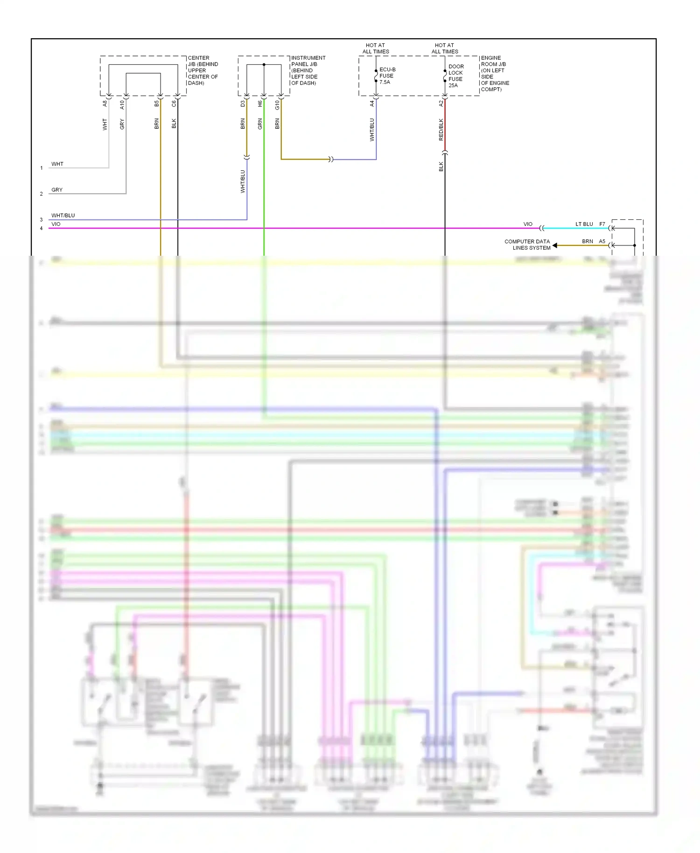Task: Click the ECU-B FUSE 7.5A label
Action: point(387,76)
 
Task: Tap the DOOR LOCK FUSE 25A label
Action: point(455,76)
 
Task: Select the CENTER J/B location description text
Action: point(203,70)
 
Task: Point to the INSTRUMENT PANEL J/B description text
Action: point(308,70)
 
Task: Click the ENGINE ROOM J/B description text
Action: point(495,74)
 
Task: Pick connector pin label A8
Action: point(105,104)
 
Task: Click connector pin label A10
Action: point(122,105)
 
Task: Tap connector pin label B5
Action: point(157,104)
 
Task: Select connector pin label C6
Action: point(174,104)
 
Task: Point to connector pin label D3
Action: point(243,104)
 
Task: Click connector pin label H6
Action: point(260,104)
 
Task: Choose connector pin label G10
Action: point(277,105)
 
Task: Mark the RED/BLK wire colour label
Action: point(441,130)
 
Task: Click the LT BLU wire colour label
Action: point(584,224)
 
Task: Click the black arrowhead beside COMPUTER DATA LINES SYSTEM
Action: point(555,245)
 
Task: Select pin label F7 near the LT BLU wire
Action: point(602,224)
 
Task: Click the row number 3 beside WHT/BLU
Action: point(41,220)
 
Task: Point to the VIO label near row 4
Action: point(56,224)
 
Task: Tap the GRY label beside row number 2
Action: point(57,190)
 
